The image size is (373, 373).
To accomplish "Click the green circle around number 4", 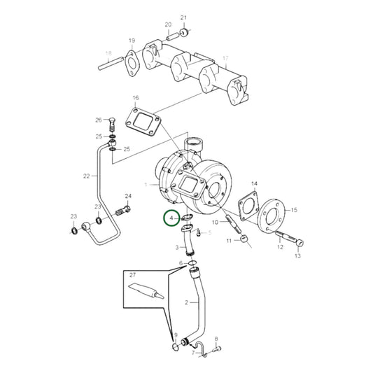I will [x=170, y=219].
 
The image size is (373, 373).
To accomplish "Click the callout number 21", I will [x=184, y=17].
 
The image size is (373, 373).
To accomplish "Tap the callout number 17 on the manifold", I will [x=225, y=57].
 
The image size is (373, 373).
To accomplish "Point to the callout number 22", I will [x=85, y=176].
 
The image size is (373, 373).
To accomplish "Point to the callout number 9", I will [x=176, y=335].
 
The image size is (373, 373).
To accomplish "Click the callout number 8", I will [x=216, y=339].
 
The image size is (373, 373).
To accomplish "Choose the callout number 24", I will [x=128, y=196].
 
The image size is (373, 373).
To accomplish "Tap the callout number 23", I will [x=72, y=216].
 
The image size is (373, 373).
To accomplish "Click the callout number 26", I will [x=99, y=120].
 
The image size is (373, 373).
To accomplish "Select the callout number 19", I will [x=131, y=41].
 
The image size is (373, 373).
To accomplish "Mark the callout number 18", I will [x=108, y=53].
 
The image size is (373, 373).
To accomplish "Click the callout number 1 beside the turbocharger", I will [x=146, y=183].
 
